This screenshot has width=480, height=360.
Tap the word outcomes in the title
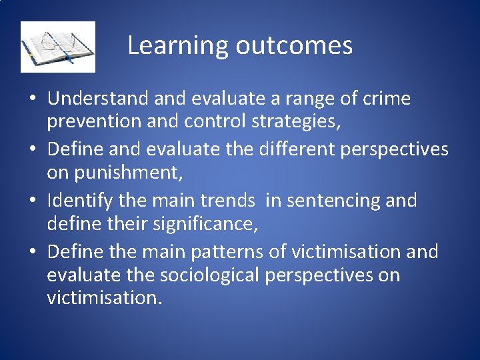click(293, 45)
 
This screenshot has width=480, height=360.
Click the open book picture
click(58, 47)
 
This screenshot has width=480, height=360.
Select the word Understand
click(98, 99)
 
